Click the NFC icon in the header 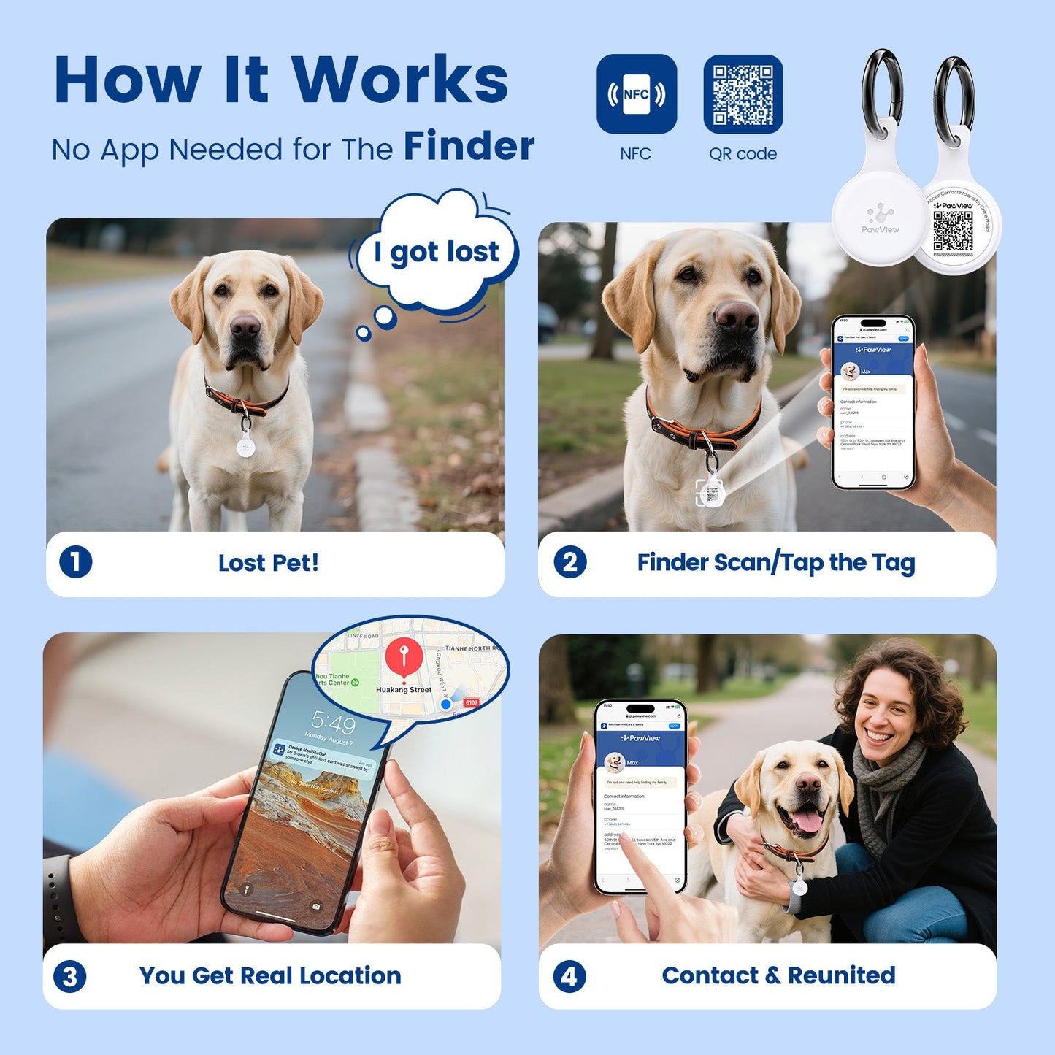636,94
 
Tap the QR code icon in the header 743,94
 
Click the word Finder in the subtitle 469,146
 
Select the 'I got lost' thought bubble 437,252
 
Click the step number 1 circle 75,562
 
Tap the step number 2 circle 569,562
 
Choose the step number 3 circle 70,976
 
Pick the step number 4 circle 569,976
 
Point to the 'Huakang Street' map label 404,689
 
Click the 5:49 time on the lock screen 334,723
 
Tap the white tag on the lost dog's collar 246,445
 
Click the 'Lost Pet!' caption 268,563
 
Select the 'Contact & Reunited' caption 778,975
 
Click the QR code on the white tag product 953,230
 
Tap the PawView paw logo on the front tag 881,214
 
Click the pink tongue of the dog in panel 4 807,821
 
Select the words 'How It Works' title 281,80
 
